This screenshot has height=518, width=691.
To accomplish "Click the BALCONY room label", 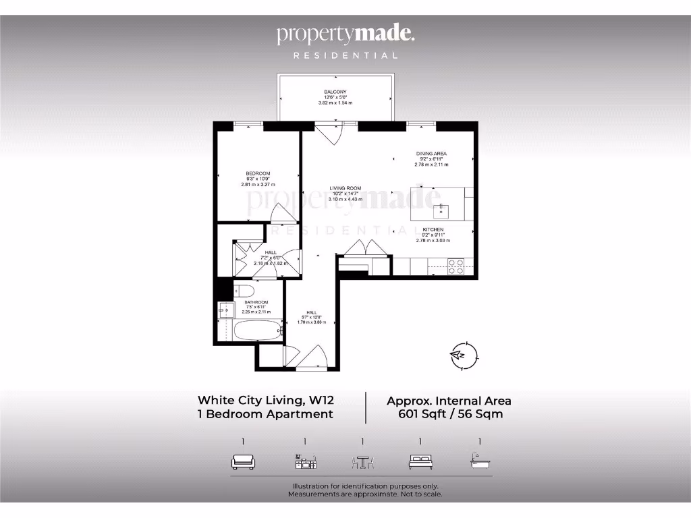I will (335, 92).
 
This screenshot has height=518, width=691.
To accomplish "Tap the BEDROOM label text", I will (258, 173).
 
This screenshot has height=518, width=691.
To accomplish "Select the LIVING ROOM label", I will (345, 188).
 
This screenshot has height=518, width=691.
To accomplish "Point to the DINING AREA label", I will (431, 154).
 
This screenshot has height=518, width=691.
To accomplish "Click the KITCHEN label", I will (433, 229).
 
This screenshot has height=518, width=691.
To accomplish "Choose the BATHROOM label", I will (256, 302).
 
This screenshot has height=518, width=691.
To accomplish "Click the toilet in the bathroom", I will (244, 291).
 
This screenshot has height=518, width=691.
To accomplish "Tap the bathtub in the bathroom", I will (257, 331).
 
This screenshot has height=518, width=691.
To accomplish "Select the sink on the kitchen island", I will (441, 211).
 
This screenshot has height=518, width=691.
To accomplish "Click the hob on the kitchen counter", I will (455, 267).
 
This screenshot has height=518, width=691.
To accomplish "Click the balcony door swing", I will (330, 134).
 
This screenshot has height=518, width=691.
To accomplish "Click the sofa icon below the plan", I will (243, 462).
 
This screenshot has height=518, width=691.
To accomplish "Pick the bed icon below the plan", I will (420, 462).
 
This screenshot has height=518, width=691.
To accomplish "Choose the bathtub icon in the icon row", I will (480, 462).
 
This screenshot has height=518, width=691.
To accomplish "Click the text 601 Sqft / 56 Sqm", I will (450, 414).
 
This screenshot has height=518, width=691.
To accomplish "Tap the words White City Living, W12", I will (265, 400).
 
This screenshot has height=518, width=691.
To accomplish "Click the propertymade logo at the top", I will (345, 34).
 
